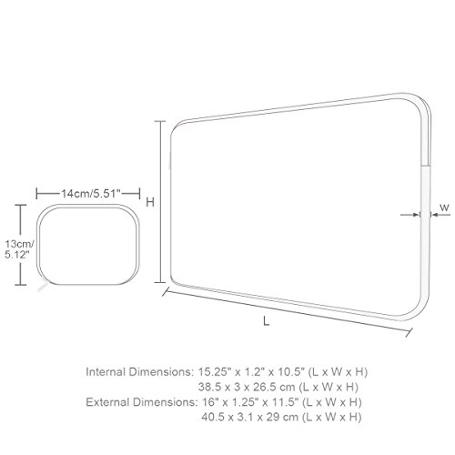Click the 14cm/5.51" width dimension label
pos(91,194)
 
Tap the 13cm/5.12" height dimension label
pos(19,249)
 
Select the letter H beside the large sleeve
pos(150,202)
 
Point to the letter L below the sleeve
pos(266,321)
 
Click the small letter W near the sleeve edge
pos(444,208)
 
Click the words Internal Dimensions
pos(139,372)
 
